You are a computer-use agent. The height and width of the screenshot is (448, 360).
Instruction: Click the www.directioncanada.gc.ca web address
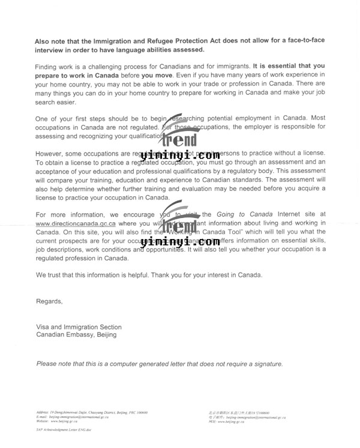coord(76,223)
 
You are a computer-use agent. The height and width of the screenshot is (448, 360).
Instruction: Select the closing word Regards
coord(49,301)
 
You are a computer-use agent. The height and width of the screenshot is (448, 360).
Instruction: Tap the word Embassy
coord(80,335)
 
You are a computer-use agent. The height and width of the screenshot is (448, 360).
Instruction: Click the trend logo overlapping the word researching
coord(180,132)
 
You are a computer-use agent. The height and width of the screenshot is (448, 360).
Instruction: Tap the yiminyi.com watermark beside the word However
coord(180,156)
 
